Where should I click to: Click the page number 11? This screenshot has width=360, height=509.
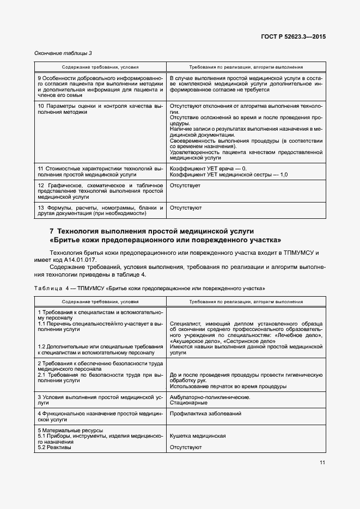coord(322,463)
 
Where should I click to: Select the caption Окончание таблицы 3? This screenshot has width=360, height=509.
coord(63,53)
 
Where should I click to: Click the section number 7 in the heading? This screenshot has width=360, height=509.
coord(52,231)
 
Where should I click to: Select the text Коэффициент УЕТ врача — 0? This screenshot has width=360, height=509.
coord(208,168)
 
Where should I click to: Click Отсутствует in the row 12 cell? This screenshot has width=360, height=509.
coord(185,186)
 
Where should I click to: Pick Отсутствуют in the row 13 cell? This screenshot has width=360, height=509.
coord(186,208)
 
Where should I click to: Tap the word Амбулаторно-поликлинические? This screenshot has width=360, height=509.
coord(210,397)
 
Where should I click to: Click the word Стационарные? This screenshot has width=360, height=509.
coord(188,403)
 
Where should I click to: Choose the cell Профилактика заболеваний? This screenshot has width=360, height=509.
coord(205,414)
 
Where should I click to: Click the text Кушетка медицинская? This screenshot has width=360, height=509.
coord(198,436)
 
